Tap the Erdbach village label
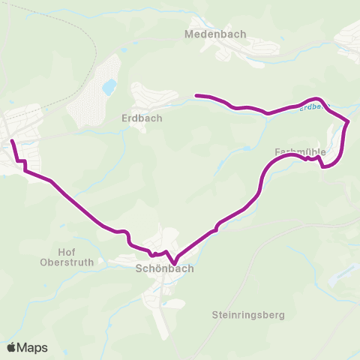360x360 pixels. point(142,118)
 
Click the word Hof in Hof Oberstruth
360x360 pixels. point(67,252)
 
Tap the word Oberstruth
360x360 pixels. point(67,262)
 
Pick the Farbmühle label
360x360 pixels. point(300,152)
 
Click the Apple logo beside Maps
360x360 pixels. point(11,347)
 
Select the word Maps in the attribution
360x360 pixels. point(33,347)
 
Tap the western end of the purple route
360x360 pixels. point(11,140)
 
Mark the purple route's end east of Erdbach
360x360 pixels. point(196,95)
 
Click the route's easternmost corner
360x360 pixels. point(349,121)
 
